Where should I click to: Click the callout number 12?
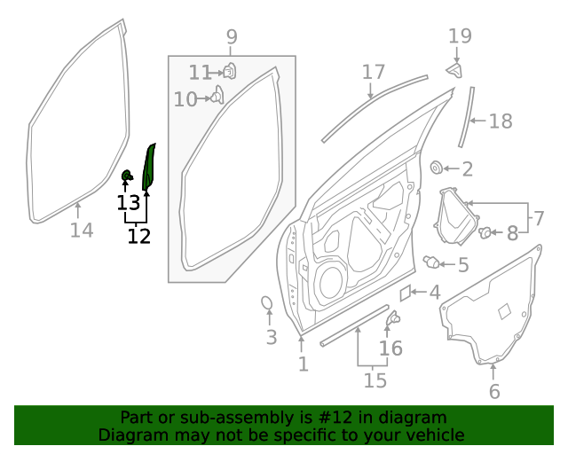point(138,236)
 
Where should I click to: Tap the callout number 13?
point(128,203)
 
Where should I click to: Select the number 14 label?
point(81,231)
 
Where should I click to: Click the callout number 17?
point(374,72)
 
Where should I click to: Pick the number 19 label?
point(460,36)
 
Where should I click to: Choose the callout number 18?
point(501,121)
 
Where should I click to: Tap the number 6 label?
point(494,391)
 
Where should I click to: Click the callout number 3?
point(272,337)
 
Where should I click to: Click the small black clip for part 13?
point(127,175)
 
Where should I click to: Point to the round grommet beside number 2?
point(437,168)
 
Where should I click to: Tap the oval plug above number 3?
point(267,304)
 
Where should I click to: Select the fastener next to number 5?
point(433,262)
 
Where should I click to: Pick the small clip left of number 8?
point(485,232)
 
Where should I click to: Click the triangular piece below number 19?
point(455,70)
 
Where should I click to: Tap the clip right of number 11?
point(229,71)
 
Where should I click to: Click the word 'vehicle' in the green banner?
point(434,434)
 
